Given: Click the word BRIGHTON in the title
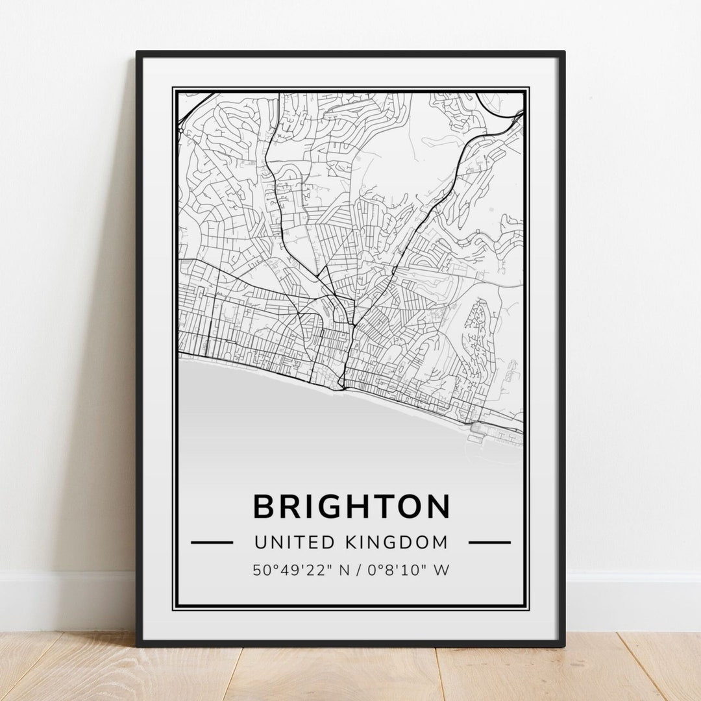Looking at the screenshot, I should pos(350,507).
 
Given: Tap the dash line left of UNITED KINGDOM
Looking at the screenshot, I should pos(212,542).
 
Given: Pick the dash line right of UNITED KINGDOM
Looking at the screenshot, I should pos(489,542).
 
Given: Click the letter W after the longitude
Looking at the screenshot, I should pos(442,571).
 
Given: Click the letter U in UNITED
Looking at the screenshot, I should pos(261,542).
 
